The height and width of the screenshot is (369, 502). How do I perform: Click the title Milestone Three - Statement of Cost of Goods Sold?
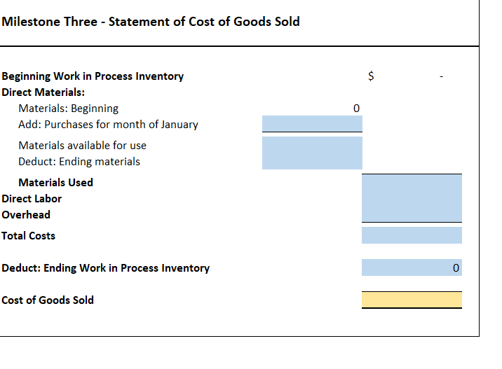151,22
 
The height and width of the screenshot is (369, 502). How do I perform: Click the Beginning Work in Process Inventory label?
93,76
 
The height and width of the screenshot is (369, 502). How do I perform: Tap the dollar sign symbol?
372,76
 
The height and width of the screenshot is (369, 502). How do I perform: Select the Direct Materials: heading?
43,92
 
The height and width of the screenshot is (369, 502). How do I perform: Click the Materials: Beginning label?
68,109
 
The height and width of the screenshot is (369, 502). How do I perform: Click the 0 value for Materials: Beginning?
356,109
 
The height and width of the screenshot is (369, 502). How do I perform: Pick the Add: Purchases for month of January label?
108,125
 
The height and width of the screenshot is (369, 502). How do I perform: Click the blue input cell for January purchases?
312,124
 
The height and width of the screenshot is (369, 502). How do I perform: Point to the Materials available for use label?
82,146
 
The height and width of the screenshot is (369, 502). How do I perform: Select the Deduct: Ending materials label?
79,162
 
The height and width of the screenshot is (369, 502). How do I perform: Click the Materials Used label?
55,183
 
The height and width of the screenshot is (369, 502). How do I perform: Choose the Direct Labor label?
32,199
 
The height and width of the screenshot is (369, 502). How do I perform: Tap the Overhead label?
26,215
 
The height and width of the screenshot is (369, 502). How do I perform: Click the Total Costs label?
28,236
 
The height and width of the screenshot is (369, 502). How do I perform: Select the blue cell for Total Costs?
412,235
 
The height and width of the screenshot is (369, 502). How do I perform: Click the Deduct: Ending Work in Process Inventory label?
105,268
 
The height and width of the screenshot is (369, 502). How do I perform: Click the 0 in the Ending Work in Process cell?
456,268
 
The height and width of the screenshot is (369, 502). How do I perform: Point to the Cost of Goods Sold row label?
47,300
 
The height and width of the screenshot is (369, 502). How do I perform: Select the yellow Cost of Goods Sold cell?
412,300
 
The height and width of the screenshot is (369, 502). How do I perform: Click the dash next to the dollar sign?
441,76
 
